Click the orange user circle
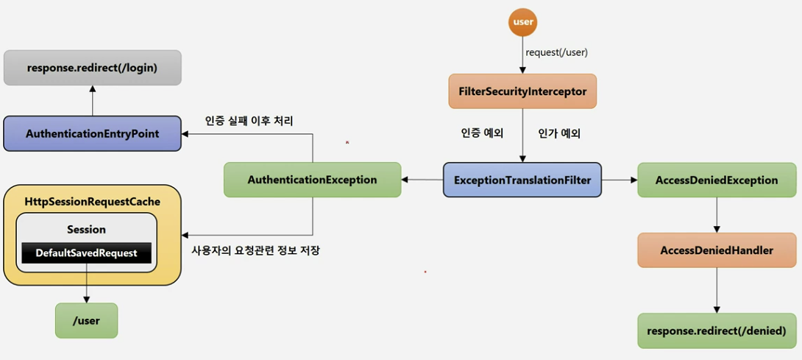(x=522, y=22)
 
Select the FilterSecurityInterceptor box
(x=522, y=92)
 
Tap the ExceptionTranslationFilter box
(x=522, y=180)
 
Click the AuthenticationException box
(x=312, y=180)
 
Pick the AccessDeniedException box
(x=717, y=180)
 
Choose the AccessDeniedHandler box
(x=717, y=250)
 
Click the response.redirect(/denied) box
(x=717, y=331)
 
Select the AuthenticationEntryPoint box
(x=92, y=134)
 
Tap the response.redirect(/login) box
(x=92, y=68)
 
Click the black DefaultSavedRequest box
(x=87, y=253)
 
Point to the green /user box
(x=86, y=320)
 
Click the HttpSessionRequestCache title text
(x=92, y=201)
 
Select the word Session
(x=86, y=230)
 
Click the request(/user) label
(x=556, y=52)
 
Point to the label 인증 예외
(x=481, y=134)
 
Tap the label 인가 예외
(x=559, y=134)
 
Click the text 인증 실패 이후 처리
(x=249, y=120)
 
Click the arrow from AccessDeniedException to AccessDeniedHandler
(x=717, y=215)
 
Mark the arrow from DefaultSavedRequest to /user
(x=87, y=283)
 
